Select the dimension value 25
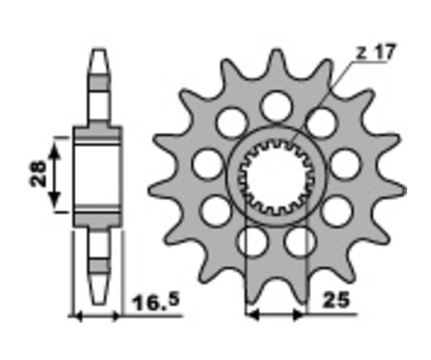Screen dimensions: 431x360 point(337,300)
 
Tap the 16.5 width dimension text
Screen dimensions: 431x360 point(156,302)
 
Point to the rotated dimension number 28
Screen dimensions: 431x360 point(38,174)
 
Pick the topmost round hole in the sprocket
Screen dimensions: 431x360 point(276,106)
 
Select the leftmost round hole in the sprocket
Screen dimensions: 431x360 point(207,164)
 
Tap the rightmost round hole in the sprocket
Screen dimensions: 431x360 point(345,164)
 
